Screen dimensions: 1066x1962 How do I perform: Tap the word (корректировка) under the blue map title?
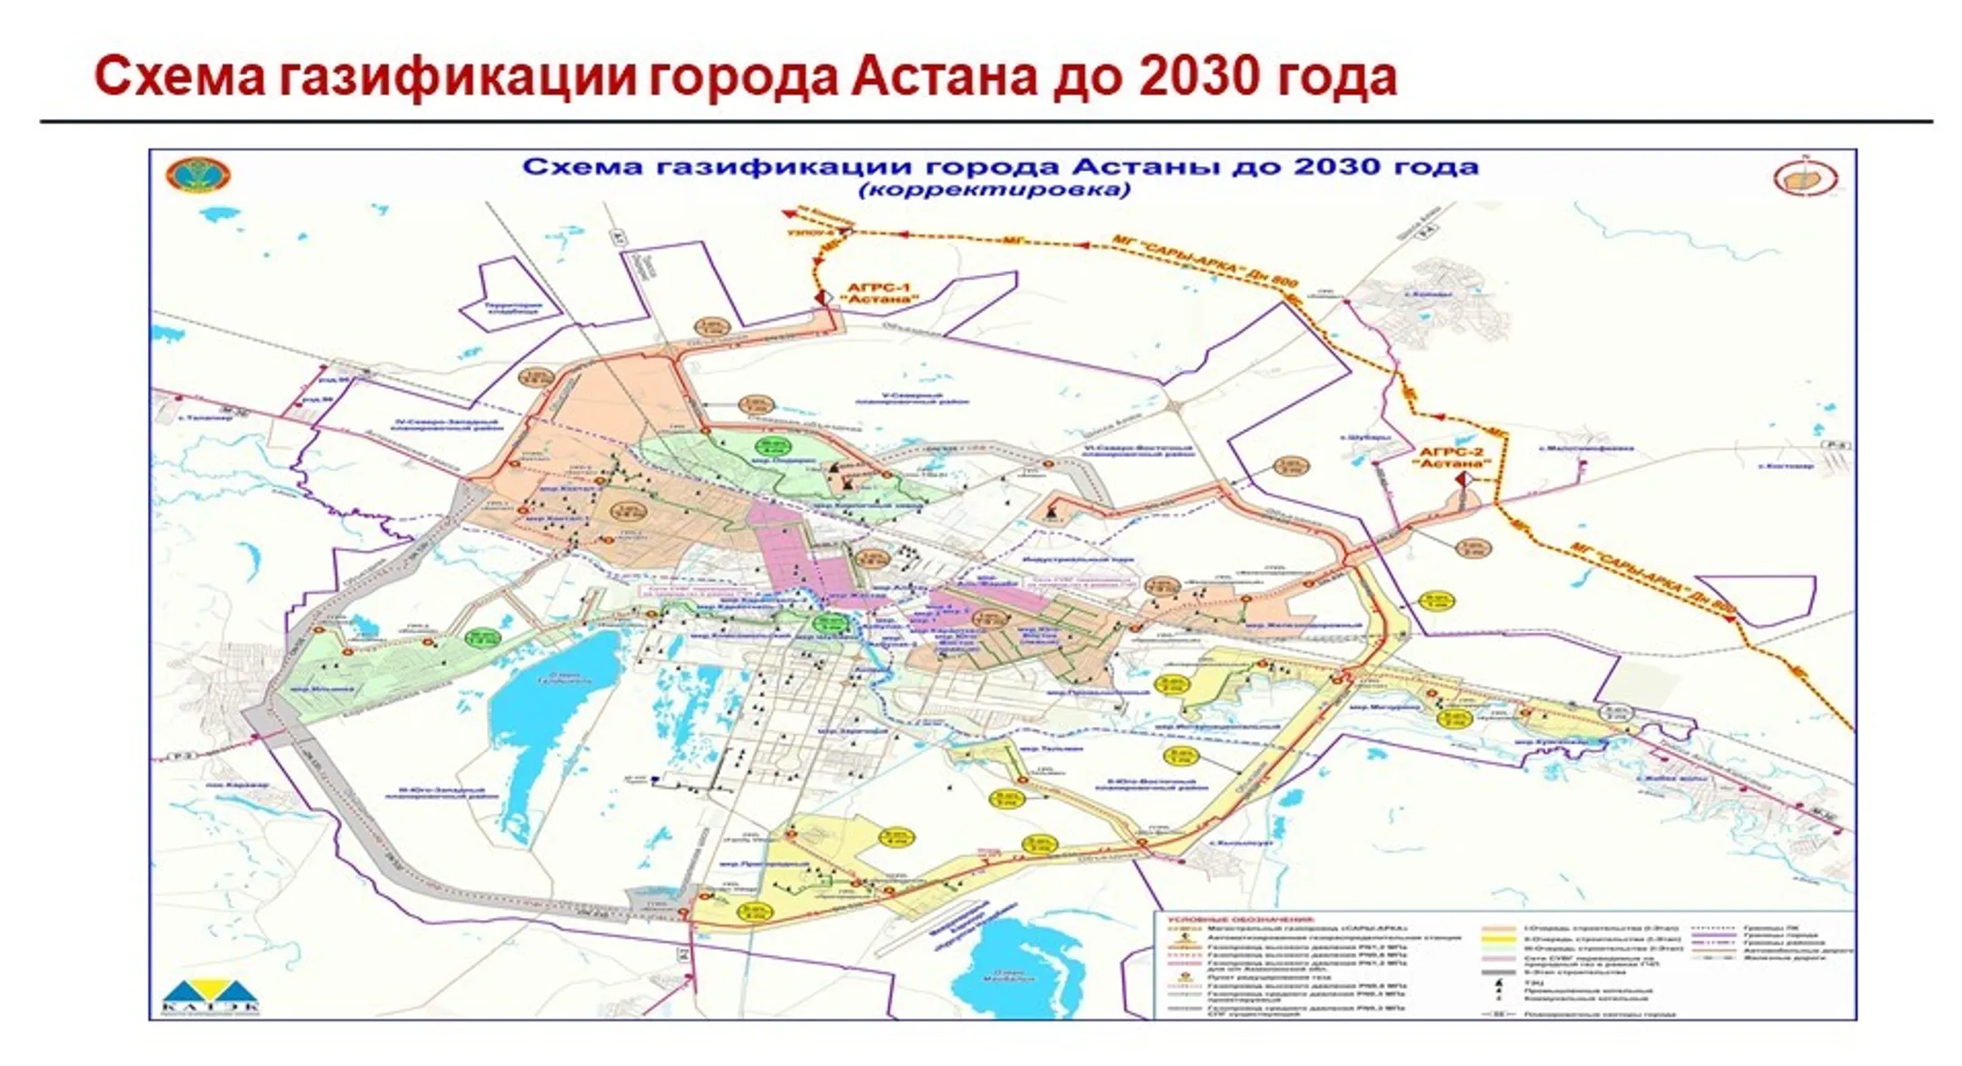point(995,190)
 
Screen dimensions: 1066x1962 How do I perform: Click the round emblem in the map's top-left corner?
point(198,175)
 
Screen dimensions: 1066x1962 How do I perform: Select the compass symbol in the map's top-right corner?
point(1806,178)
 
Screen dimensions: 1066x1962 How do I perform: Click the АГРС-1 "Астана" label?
point(877,293)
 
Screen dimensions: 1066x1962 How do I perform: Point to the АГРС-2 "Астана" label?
point(1452,457)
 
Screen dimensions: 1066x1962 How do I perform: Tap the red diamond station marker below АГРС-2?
point(1462,479)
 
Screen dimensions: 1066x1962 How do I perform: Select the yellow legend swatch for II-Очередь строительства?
point(1498,938)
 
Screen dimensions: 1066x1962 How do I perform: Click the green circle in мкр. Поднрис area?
point(773,446)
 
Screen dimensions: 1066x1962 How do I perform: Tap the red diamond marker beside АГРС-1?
point(822,297)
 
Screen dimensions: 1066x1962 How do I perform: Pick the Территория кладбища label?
point(513,309)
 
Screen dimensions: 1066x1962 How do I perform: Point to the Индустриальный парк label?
point(1079,560)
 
